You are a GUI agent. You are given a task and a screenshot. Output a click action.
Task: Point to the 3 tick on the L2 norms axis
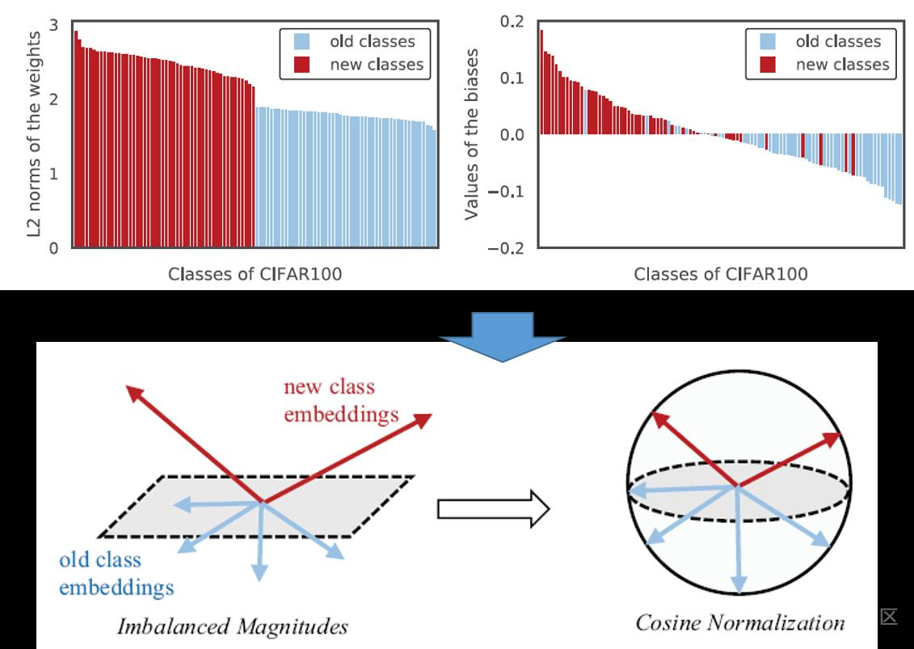(x=53, y=25)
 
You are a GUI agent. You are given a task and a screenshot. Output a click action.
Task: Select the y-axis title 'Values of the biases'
(x=470, y=134)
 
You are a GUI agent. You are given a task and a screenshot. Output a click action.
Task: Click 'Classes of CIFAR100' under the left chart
(x=255, y=274)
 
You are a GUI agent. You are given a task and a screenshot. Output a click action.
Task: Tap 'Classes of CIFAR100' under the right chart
(x=720, y=274)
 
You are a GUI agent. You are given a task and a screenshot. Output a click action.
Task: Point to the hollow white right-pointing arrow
(x=493, y=509)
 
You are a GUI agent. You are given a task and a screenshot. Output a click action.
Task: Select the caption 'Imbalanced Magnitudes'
(x=233, y=626)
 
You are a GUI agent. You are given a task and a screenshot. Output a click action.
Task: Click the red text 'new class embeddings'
(x=340, y=401)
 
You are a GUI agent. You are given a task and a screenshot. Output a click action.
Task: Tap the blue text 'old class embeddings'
(x=116, y=573)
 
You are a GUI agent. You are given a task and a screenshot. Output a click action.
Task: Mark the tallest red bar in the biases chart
(x=541, y=82)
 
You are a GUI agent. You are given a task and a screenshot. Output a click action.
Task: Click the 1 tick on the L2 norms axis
(x=53, y=174)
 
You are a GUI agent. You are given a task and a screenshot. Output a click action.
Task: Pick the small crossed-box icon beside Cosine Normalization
(x=889, y=617)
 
